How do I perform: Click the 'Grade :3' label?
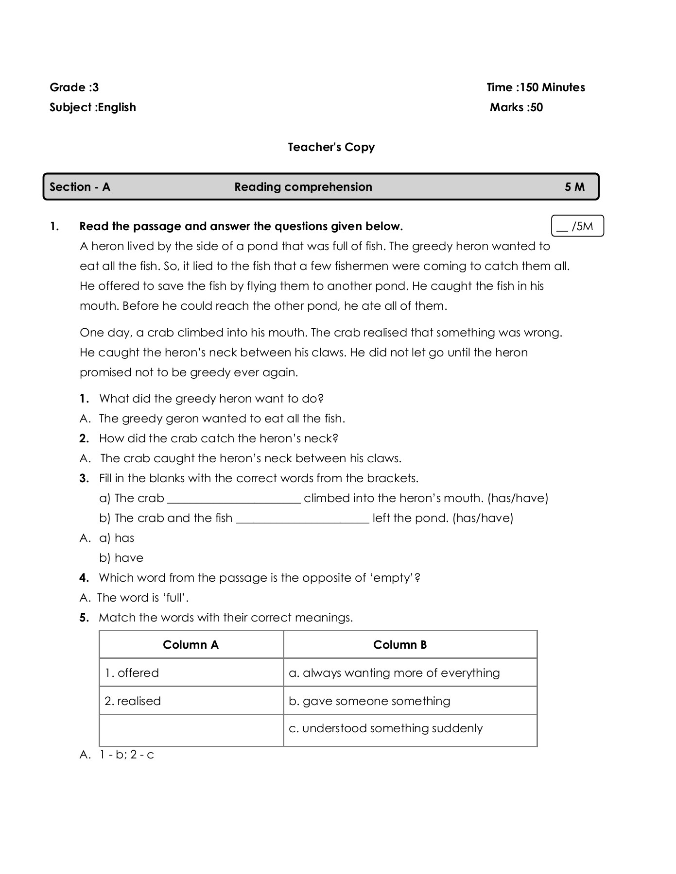click(74, 87)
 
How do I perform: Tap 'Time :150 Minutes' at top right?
click(536, 87)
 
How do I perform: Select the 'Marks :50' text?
click(516, 107)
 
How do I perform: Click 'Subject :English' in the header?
click(92, 107)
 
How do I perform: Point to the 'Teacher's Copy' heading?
click(331, 147)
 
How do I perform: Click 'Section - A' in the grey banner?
click(80, 187)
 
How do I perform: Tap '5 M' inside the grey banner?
click(574, 187)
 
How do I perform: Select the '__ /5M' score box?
click(577, 226)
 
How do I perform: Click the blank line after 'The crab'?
click(234, 500)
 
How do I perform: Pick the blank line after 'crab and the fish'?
click(302, 520)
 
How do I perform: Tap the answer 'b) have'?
click(121, 558)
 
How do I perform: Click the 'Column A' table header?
click(191, 645)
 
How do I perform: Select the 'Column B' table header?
click(399, 645)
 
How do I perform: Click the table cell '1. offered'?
click(132, 673)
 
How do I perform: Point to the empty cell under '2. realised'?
click(191, 730)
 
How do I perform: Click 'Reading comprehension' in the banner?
click(303, 187)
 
